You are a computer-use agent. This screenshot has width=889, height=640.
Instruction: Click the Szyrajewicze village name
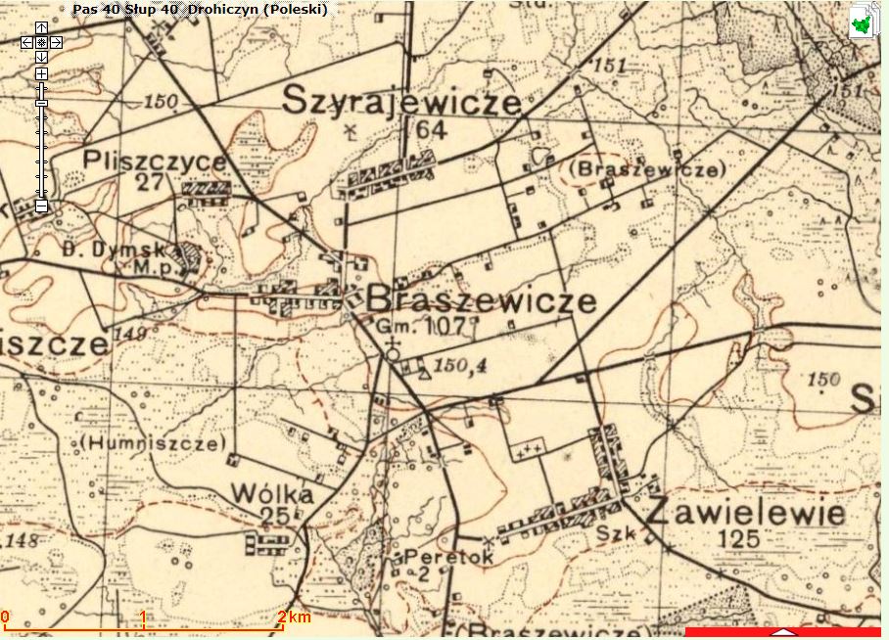(401, 101)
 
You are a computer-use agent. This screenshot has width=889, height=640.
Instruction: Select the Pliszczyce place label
(169, 160)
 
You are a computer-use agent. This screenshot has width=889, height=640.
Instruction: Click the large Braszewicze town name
(481, 300)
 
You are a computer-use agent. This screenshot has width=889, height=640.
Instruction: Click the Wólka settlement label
(272, 494)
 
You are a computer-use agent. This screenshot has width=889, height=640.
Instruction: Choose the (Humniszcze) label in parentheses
(155, 442)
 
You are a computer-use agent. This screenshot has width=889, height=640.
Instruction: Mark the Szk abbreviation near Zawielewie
(613, 535)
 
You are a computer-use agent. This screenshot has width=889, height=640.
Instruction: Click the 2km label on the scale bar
(295, 617)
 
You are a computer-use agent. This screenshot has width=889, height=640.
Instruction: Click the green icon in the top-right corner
(862, 22)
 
